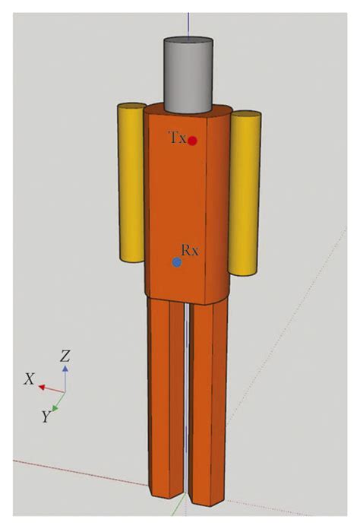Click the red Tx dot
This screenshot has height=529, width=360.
point(193,141)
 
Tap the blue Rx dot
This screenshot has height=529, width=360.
point(177,262)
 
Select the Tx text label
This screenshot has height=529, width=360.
point(177,138)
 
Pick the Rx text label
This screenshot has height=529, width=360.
point(190,249)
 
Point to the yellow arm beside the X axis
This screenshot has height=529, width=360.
point(131,194)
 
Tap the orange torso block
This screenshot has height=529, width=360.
point(186,205)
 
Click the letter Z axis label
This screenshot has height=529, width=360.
point(66,356)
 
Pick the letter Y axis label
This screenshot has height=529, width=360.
point(46,415)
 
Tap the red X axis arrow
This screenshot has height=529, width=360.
point(49,388)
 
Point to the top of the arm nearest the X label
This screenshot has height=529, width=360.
point(131,108)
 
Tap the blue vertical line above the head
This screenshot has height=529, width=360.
point(188,15)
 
